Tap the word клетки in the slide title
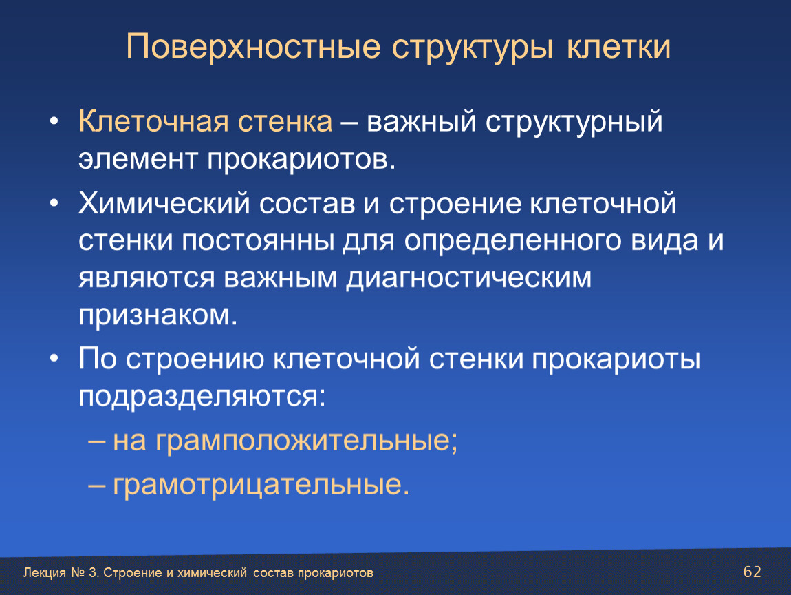618,47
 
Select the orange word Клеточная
153,122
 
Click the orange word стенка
285,122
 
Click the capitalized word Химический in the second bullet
164,204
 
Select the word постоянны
258,241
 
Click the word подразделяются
202,397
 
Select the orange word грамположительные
285,441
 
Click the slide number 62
752,572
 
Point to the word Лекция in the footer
45,573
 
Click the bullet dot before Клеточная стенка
54,122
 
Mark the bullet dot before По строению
54,359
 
